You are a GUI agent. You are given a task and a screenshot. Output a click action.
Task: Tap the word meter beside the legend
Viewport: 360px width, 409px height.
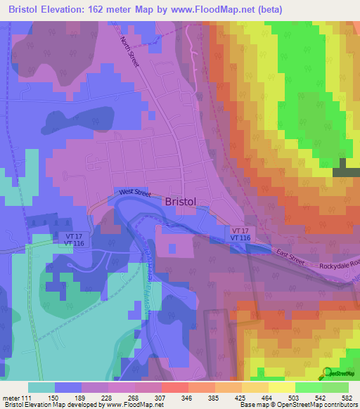11,398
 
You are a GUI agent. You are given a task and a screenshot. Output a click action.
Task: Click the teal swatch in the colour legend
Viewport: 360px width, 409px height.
41,387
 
